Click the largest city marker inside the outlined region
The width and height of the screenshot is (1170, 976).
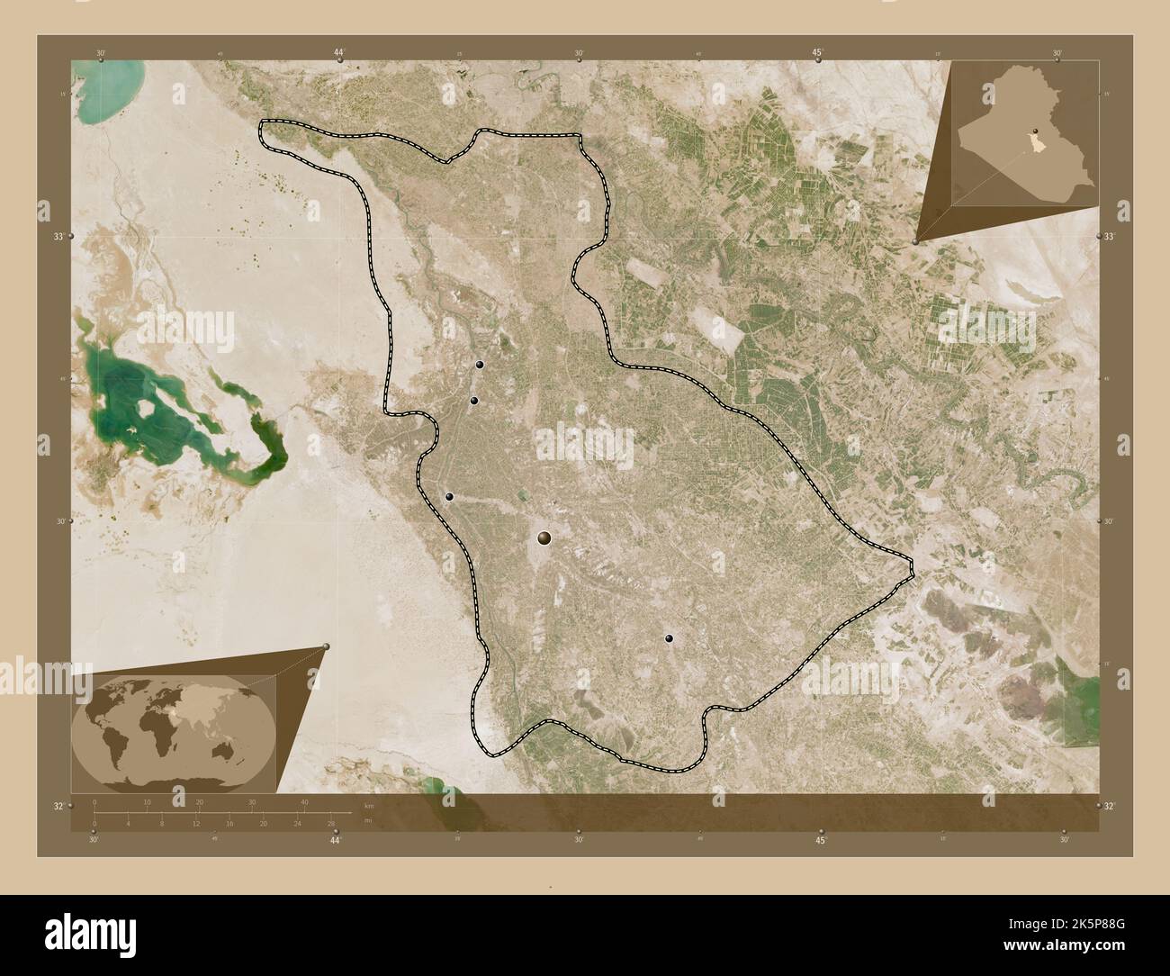(x=544, y=538)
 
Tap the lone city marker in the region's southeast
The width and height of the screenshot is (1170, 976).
(x=669, y=638)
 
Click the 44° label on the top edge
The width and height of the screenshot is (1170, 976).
(x=338, y=53)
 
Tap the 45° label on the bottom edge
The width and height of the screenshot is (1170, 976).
(x=820, y=841)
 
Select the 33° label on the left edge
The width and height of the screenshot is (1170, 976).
(x=58, y=237)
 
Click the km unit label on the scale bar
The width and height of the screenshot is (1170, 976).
(x=368, y=804)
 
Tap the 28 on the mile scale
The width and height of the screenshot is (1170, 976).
(x=330, y=824)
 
